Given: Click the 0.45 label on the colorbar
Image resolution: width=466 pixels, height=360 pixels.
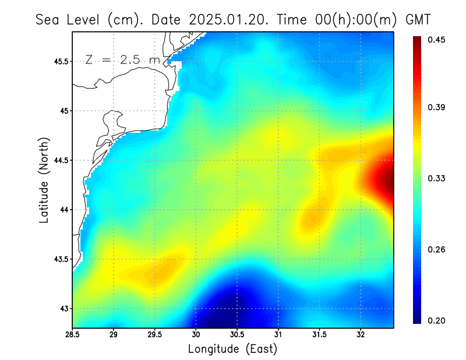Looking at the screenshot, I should coord(437,40).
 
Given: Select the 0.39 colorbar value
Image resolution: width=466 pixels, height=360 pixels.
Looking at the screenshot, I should coord(437,107).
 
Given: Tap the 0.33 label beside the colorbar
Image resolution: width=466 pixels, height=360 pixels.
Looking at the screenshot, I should coord(437,178).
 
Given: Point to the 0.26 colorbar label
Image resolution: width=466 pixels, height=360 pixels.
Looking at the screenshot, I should coord(437,249).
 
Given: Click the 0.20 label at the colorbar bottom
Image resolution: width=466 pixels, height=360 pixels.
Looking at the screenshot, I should coord(437,320).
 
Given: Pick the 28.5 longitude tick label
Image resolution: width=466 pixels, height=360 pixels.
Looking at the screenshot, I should coord(73,334).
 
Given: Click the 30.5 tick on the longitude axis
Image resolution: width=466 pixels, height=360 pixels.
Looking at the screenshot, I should coord(237,334).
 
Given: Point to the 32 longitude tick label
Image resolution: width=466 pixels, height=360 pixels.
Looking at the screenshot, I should coord(361,334).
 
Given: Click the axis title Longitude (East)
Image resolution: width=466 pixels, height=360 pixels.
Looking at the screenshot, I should coord(232,349).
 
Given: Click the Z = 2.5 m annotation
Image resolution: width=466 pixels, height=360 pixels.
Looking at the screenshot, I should coord(122,60).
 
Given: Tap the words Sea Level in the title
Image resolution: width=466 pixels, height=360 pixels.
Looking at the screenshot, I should coord(69,19).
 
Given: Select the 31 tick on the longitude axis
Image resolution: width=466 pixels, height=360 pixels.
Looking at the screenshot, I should coord(278,334).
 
